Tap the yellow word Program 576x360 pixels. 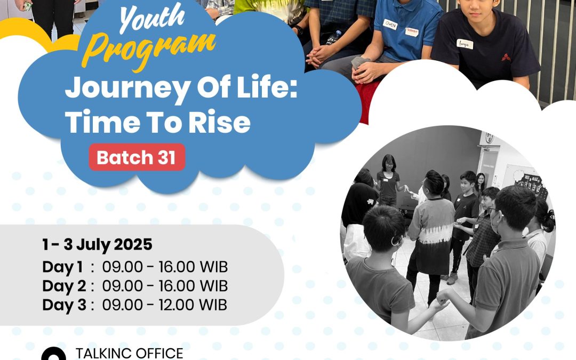149,51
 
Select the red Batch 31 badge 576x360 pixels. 137,157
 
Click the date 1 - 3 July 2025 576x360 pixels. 97,245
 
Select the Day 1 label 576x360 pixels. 62,267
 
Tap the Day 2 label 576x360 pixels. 64,286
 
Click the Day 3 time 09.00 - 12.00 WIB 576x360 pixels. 165,305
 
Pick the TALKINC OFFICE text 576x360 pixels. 129,354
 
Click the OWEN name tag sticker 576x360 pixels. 390,25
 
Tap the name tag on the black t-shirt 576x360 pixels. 465,44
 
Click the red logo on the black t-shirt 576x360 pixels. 506,57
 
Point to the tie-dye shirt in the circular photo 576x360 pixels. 432,235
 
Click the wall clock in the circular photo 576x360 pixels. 489,138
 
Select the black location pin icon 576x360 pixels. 54,354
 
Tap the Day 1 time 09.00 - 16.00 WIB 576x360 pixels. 165,267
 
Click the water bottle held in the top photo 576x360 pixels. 333,38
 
